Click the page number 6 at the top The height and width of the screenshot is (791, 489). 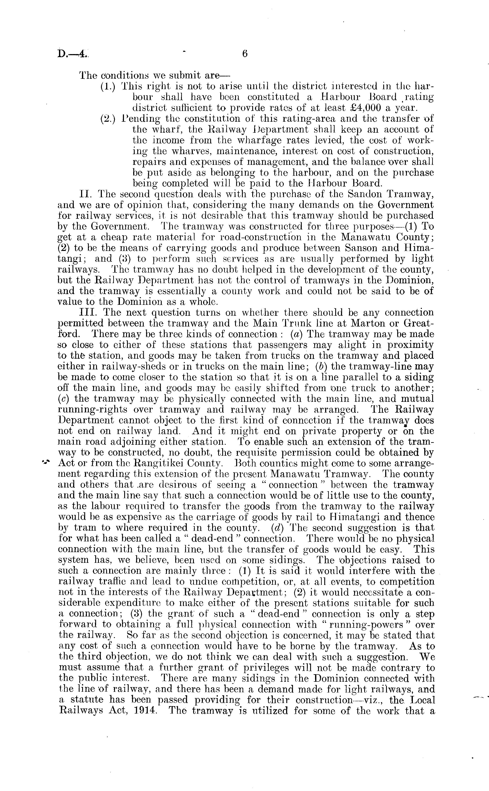[x=244, y=54]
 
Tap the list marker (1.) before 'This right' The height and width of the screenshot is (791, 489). [x=109, y=87]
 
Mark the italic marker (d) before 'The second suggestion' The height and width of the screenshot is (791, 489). [x=277, y=528]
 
